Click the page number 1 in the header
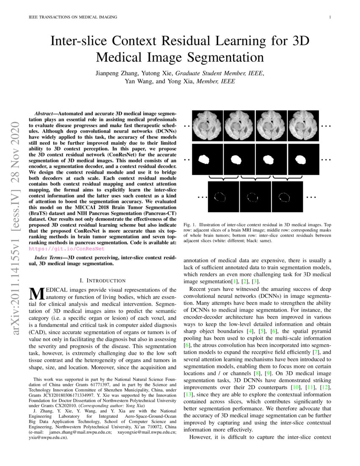[330, 17]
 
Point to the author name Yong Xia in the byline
[178, 81]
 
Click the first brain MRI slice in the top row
[207, 125]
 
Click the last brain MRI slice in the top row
[304, 125]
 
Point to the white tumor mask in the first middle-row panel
[205, 159]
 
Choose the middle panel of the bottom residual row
[255, 197]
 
